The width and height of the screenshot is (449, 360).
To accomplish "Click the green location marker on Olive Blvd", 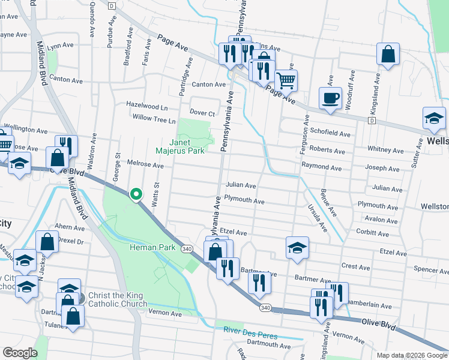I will coord(136,194).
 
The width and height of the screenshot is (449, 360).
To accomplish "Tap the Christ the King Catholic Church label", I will coord(117,299).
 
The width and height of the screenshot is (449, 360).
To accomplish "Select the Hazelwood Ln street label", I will coord(146,104).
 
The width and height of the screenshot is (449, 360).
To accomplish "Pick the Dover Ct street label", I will coord(202,113).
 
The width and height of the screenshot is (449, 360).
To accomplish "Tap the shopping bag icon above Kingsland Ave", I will coord(388,55).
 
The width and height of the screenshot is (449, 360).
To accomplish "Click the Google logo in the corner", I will coord(20,353).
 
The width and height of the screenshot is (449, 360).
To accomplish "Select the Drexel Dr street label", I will coord(70,241).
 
